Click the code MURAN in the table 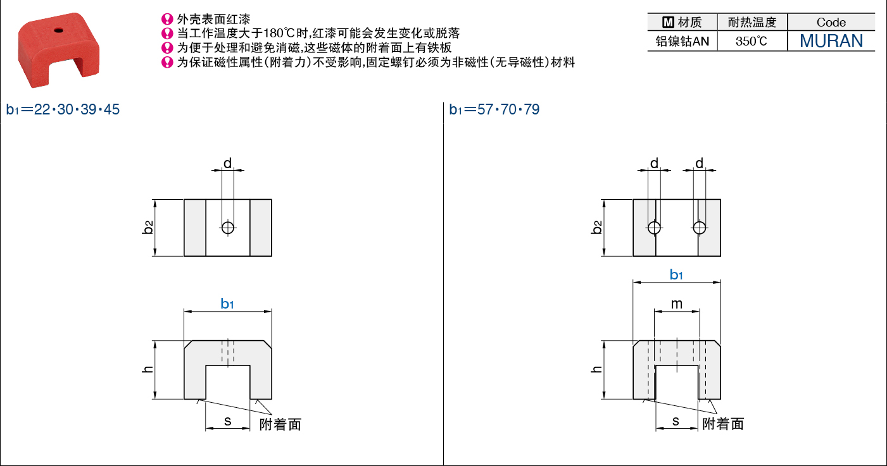pyautogui.click(x=831, y=40)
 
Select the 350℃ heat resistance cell pyautogui.click(x=751, y=41)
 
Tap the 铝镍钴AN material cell pyautogui.click(x=683, y=41)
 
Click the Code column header pyautogui.click(x=831, y=22)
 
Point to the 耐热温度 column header pyautogui.click(x=752, y=22)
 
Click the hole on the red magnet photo pyautogui.click(x=59, y=30)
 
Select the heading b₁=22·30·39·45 pyautogui.click(x=63, y=109)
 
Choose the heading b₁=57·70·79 pyautogui.click(x=494, y=109)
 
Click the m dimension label pyautogui.click(x=677, y=304)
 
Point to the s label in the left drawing pyautogui.click(x=228, y=421)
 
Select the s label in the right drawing pyautogui.click(x=676, y=421)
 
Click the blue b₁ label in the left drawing pyautogui.click(x=227, y=304)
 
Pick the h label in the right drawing pyautogui.click(x=596, y=369)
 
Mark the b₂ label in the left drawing pyautogui.click(x=148, y=228)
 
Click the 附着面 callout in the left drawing pyautogui.click(x=280, y=424)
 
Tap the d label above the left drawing pyautogui.click(x=227, y=163)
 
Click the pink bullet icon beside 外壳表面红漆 pyautogui.click(x=167, y=19)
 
